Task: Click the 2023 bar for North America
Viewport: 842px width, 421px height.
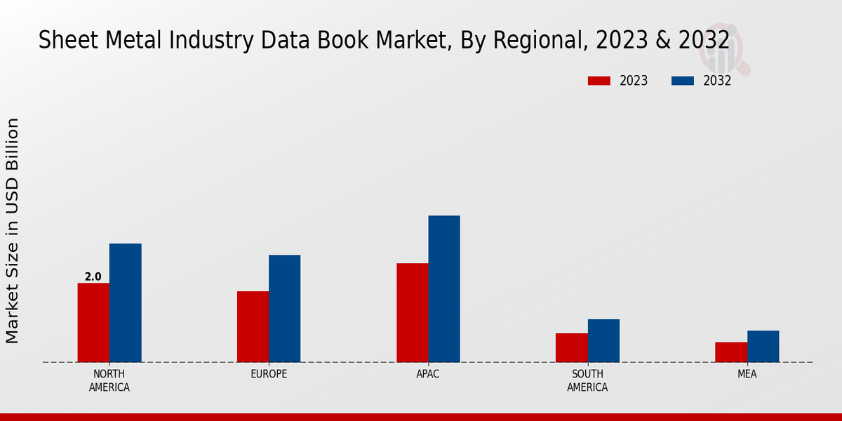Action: tap(93, 323)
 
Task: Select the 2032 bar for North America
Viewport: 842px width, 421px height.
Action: tap(125, 303)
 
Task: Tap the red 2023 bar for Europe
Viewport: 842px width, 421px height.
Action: tap(253, 327)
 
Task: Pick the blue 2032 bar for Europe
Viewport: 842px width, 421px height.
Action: tap(284, 309)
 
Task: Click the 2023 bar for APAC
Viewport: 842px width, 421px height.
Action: tap(412, 313)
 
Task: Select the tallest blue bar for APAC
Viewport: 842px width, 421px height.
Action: tap(444, 289)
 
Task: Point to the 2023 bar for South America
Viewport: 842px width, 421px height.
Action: tap(571, 348)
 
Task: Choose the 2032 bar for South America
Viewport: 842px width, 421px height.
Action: tap(603, 341)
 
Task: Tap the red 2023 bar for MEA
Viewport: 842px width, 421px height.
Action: tap(730, 352)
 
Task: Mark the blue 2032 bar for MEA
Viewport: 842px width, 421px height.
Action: tap(763, 347)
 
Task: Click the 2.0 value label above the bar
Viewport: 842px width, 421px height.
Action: tap(93, 277)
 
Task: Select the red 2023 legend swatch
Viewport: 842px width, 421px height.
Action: tap(599, 81)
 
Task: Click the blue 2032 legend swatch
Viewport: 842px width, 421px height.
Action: tap(682, 81)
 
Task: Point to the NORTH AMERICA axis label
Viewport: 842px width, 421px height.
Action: tap(109, 380)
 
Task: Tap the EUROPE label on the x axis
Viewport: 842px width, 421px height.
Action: tap(269, 374)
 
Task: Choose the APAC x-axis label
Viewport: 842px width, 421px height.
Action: tap(428, 374)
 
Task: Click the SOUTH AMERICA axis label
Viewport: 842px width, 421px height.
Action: tap(587, 380)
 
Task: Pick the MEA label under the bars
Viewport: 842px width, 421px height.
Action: tap(747, 374)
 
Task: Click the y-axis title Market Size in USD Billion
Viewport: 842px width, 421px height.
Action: tap(13, 231)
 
